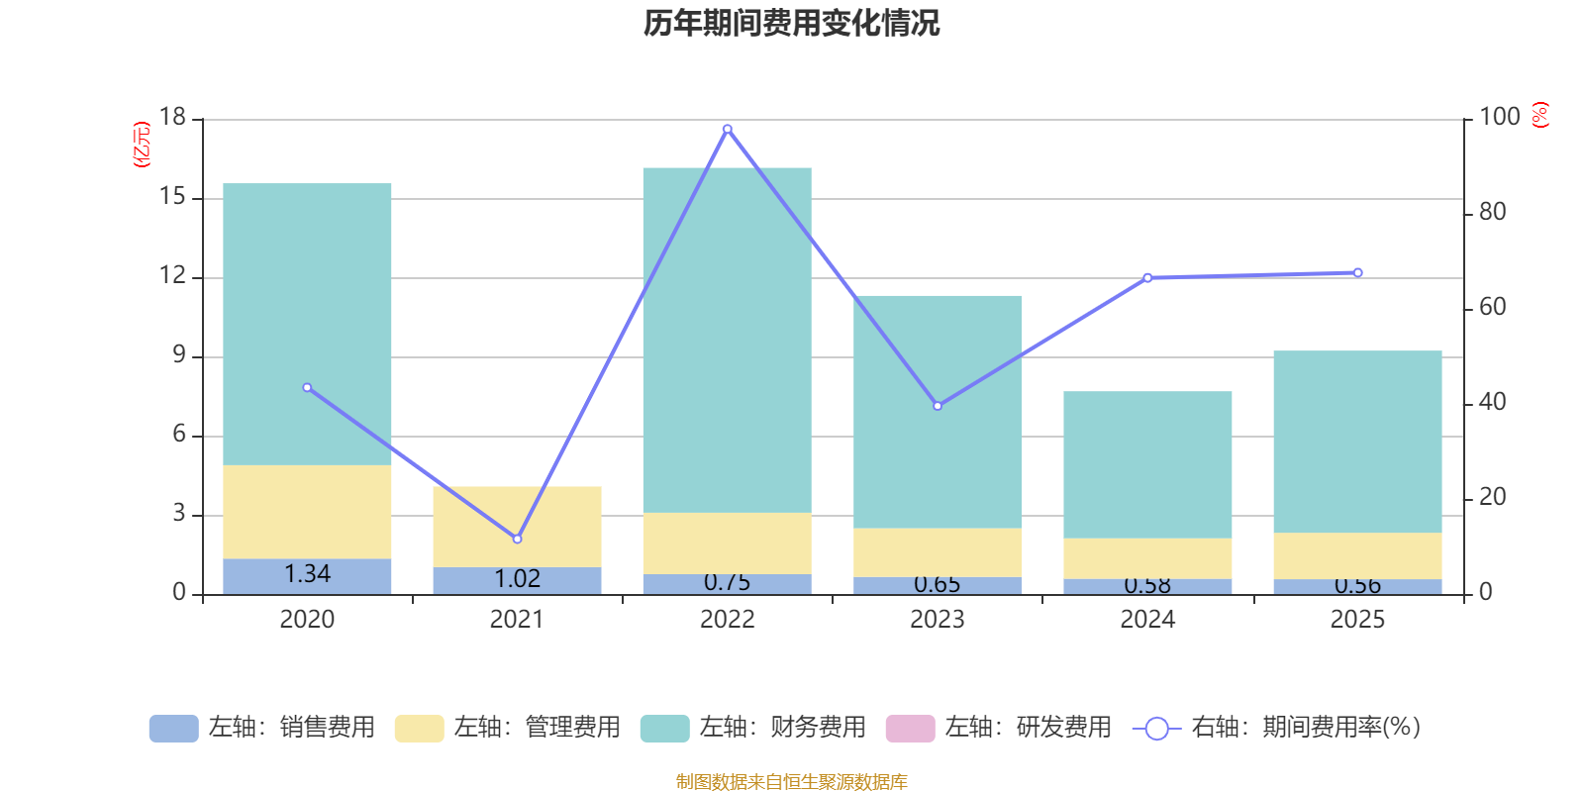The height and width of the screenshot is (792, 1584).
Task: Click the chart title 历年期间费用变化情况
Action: click(791, 23)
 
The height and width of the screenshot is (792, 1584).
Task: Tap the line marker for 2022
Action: click(728, 129)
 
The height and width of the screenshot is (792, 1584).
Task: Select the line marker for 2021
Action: click(517, 539)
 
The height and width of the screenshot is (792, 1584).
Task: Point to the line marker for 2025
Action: click(1357, 272)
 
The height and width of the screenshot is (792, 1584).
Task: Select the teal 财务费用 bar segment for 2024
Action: click(1147, 464)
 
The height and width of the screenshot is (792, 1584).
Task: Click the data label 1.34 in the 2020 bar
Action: click(307, 574)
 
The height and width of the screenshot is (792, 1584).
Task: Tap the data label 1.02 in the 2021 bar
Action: click(517, 579)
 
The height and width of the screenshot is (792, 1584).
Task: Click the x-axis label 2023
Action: click(937, 620)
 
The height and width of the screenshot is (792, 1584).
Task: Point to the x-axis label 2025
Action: click(1357, 620)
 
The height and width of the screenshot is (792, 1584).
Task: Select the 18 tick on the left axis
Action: click(173, 118)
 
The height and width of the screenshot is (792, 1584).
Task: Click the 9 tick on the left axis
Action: click(179, 355)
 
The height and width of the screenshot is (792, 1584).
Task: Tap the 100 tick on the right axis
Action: click(1499, 118)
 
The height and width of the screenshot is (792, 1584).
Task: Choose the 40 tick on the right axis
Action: click(1492, 403)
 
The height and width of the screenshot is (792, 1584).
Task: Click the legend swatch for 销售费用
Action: click(173, 728)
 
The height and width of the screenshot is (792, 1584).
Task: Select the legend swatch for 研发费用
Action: click(910, 728)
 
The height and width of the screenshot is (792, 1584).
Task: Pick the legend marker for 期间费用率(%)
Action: click(1156, 729)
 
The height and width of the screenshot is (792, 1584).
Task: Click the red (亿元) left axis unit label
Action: click(142, 145)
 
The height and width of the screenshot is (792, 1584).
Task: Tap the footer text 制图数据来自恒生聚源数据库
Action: click(791, 782)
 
